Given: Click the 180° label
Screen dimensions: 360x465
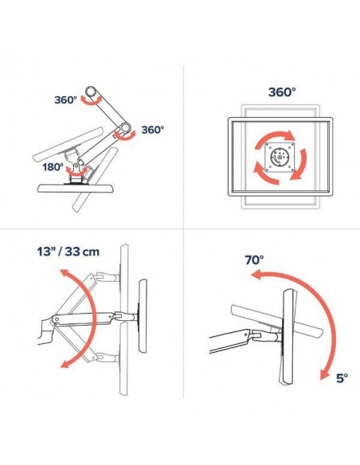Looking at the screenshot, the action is coord(53,167).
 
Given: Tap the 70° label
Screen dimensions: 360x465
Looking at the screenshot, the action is coord(254,260).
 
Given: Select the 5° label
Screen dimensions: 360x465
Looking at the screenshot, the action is coord(342,378).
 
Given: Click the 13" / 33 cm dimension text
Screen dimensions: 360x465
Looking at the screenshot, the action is coord(68,252).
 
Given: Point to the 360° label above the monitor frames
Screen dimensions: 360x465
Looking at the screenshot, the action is coord(282,92).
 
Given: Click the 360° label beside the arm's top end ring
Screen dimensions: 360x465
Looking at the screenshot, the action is coord(65,100).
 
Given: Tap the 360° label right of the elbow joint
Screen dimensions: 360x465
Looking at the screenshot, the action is coord(152,130).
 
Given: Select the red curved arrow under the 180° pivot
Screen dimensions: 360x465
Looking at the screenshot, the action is coord(76,171).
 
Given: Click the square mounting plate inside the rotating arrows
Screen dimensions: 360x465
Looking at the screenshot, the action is coord(280,157).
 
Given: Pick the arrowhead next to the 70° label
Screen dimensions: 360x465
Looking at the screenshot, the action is coord(256,275).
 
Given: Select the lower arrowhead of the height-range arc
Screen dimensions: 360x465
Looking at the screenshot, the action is coord(65,363).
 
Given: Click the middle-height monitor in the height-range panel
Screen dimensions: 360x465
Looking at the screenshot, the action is coord(143,316).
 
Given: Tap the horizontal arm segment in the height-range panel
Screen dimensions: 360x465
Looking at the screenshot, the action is coord(82,319).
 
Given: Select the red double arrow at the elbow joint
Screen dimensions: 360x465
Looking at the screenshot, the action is coord(125,135).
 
